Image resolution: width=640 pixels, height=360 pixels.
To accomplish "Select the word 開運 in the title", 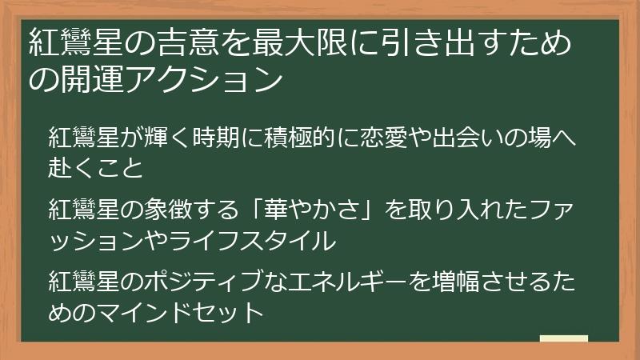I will pos(88,79).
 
